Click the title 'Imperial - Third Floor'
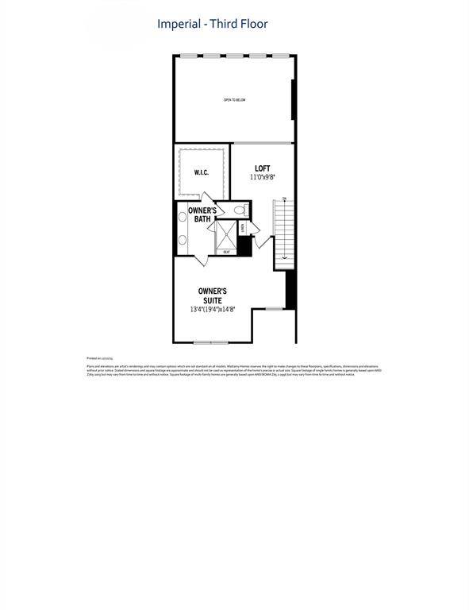tap(212, 24)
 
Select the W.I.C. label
tap(202, 172)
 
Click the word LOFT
tap(263, 168)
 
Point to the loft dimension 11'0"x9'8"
tap(263, 177)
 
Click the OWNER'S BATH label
tap(202, 214)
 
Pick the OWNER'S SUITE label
tap(212, 296)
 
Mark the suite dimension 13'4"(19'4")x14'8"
tap(212, 309)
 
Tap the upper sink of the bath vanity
tap(181, 217)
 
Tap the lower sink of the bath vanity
tap(181, 239)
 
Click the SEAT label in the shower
tap(226, 252)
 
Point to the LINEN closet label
tap(244, 228)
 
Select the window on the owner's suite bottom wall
tap(211, 342)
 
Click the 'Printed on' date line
tap(99, 358)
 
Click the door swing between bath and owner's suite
tap(200, 258)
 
